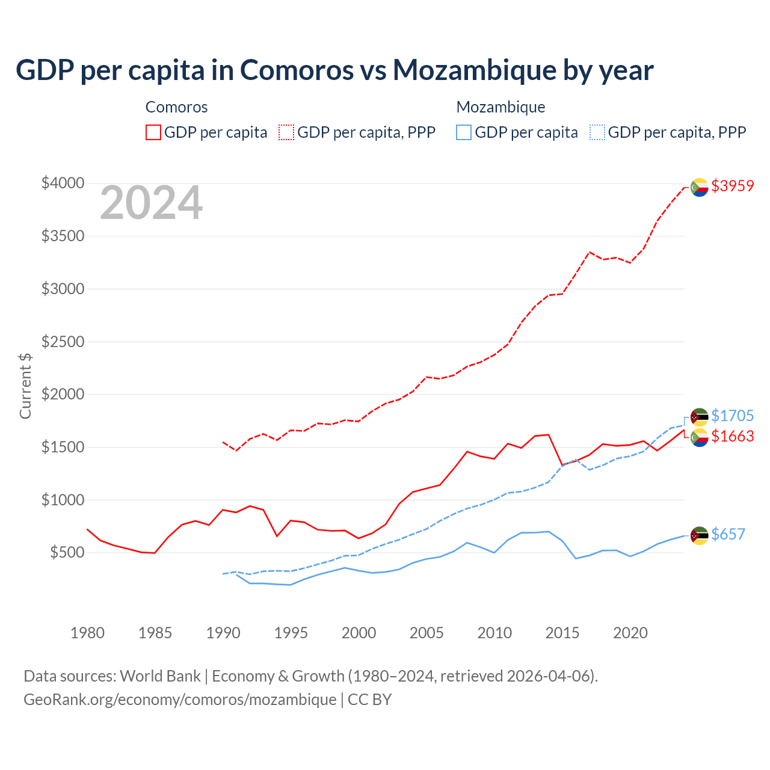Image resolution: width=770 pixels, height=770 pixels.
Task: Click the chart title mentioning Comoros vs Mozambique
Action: click(x=334, y=70)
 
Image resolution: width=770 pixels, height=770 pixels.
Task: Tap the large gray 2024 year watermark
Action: click(x=151, y=203)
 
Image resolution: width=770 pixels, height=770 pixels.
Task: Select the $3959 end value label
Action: click(x=732, y=186)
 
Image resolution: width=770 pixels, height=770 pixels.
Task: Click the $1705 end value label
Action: click(x=732, y=416)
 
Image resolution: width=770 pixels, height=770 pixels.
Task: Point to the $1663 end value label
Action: click(x=732, y=436)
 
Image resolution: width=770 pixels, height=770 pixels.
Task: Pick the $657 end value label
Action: click(x=728, y=534)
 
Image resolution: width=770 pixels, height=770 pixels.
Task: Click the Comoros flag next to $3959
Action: click(x=699, y=187)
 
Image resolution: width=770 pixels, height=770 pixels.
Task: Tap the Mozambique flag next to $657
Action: click(x=699, y=535)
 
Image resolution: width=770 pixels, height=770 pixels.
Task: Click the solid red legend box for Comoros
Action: click(x=153, y=132)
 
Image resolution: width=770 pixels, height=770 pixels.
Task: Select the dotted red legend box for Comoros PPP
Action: click(x=287, y=132)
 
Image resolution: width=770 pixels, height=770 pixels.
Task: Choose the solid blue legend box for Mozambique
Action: click(x=464, y=132)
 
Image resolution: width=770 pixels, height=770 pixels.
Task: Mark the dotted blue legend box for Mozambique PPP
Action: click(x=597, y=132)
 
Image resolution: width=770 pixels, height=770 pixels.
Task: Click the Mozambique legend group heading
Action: click(x=500, y=107)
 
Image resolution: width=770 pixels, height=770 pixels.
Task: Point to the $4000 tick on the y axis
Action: click(x=63, y=183)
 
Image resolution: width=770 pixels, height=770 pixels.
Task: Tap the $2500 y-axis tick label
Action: click(x=63, y=342)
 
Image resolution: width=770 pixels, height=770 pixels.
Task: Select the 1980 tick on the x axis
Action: click(x=87, y=633)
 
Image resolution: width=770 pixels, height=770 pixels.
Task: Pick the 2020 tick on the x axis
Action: click(x=630, y=633)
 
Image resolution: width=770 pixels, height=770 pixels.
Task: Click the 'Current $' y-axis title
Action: click(x=25, y=386)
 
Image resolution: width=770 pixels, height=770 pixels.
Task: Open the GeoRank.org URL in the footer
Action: click(x=180, y=700)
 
